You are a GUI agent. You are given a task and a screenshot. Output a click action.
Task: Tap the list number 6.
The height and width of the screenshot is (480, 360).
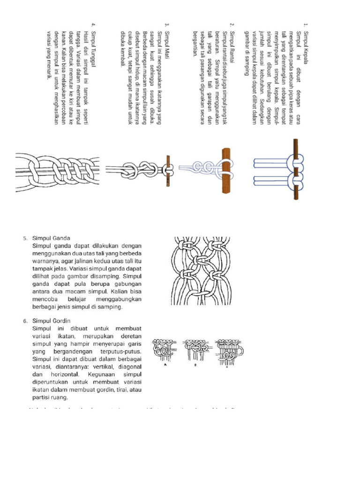click(x=25, y=321)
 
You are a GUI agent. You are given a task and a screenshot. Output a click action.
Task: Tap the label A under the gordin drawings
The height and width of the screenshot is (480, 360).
click(x=165, y=367)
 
